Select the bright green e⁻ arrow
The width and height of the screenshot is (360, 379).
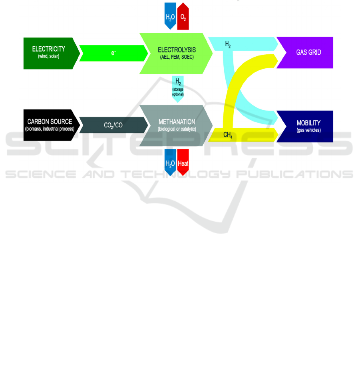[113, 53]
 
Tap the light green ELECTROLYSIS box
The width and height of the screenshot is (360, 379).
[176, 53]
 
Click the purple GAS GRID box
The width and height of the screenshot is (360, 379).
[308, 52]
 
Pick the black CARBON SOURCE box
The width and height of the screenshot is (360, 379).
[49, 125]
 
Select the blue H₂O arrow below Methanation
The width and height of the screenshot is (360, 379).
[171, 163]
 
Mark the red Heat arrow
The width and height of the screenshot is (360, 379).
[183, 163]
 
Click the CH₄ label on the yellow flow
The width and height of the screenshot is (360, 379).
[228, 135]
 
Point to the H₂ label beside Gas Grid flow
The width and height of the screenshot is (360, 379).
[228, 45]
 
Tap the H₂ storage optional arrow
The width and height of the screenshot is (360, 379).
[178, 89]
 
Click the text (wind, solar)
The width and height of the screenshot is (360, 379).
[49, 57]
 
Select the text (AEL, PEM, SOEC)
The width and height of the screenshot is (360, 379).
[177, 58]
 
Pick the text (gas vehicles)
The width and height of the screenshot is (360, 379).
[308, 130]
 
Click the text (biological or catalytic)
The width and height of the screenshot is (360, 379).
[177, 129]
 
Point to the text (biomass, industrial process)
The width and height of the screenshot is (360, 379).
[50, 129]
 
